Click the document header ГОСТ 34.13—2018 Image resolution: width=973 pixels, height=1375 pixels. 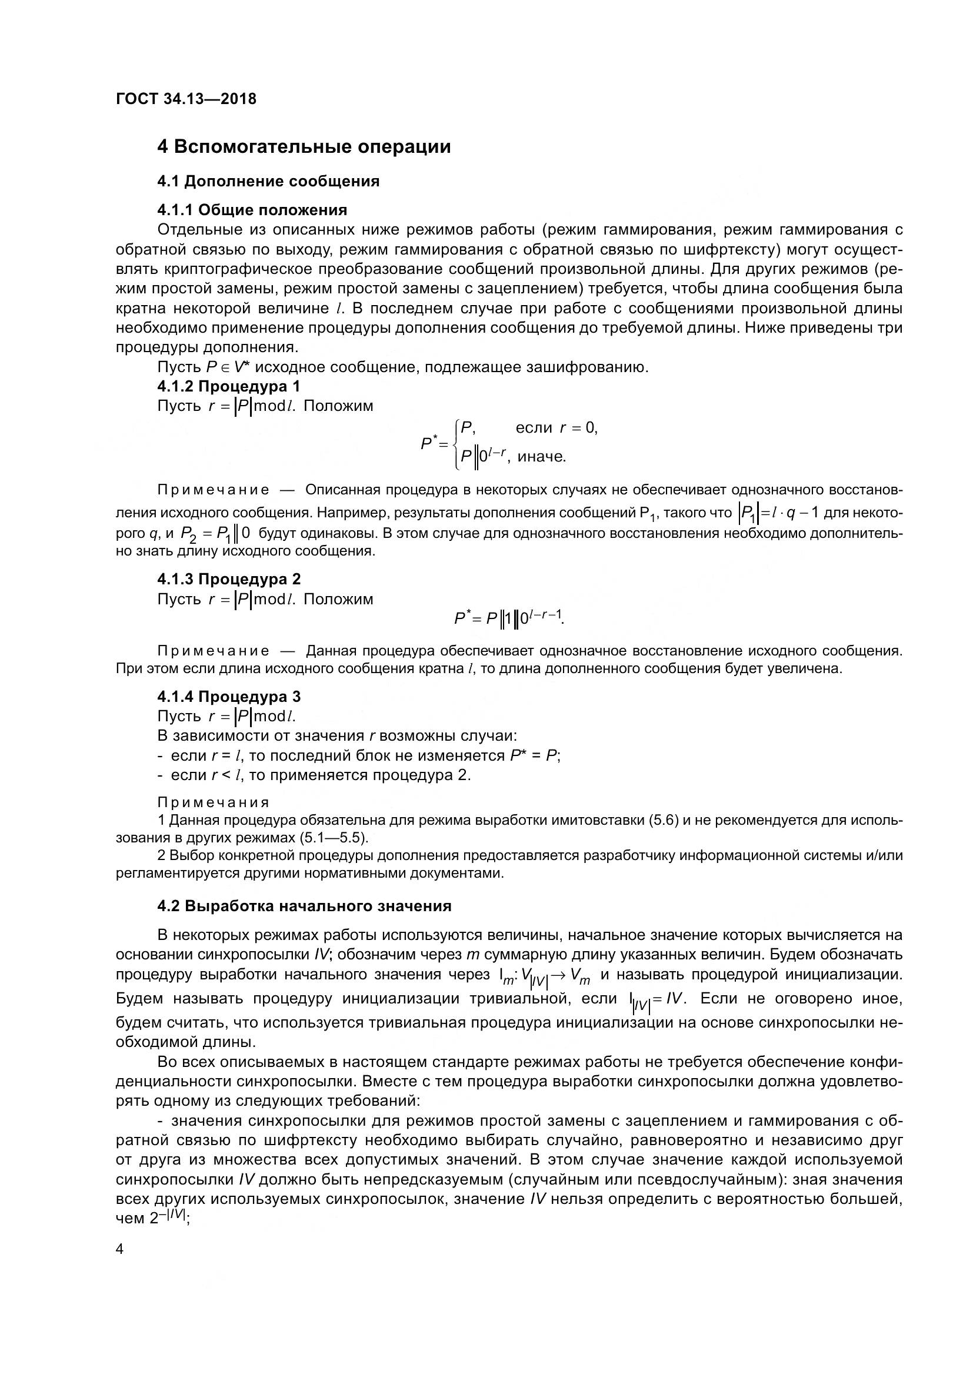(x=186, y=99)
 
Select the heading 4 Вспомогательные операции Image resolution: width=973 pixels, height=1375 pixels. (x=304, y=147)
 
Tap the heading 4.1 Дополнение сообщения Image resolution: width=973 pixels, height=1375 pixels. (x=268, y=181)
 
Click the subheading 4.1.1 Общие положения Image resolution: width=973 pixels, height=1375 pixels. (x=252, y=210)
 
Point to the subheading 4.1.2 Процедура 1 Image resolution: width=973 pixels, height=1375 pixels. (x=229, y=386)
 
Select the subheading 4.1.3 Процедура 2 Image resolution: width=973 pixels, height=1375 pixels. (x=229, y=579)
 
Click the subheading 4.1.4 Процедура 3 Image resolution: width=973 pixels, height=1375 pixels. (x=229, y=697)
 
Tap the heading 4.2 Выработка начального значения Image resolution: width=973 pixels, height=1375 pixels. (x=304, y=906)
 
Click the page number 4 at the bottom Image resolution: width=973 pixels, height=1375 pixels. (x=120, y=1249)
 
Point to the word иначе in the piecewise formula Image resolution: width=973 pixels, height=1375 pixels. (x=542, y=457)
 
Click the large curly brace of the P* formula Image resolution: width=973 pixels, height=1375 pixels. (x=456, y=443)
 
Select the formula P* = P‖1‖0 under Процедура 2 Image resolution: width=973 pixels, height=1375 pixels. (x=509, y=618)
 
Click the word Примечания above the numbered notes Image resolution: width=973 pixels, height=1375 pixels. (x=214, y=802)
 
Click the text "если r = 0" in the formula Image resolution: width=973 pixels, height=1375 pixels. (x=557, y=427)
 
